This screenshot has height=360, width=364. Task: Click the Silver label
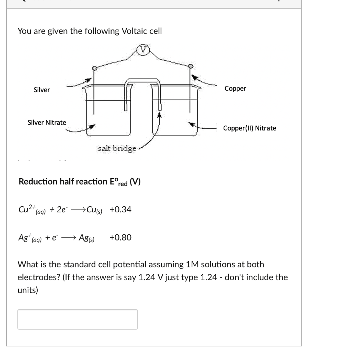[42, 90]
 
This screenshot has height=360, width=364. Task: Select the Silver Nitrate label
[47, 122]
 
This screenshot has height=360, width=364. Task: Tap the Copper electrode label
[235, 89]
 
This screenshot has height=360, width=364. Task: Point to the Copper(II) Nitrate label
[250, 128]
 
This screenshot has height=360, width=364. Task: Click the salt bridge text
[117, 148]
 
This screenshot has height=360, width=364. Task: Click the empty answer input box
[77, 319]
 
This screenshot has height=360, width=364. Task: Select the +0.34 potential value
[121, 210]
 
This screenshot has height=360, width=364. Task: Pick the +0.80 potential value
[121, 237]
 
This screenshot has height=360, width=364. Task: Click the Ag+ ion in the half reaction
[25, 237]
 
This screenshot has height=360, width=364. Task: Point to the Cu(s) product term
[95, 210]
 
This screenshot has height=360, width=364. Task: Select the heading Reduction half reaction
[62, 182]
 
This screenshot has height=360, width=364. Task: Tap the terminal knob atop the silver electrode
[94, 68]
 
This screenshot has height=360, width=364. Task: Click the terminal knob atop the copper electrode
[191, 66]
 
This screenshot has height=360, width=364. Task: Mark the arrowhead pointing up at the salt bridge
[160, 115]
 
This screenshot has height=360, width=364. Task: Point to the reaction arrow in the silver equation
[68, 238]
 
